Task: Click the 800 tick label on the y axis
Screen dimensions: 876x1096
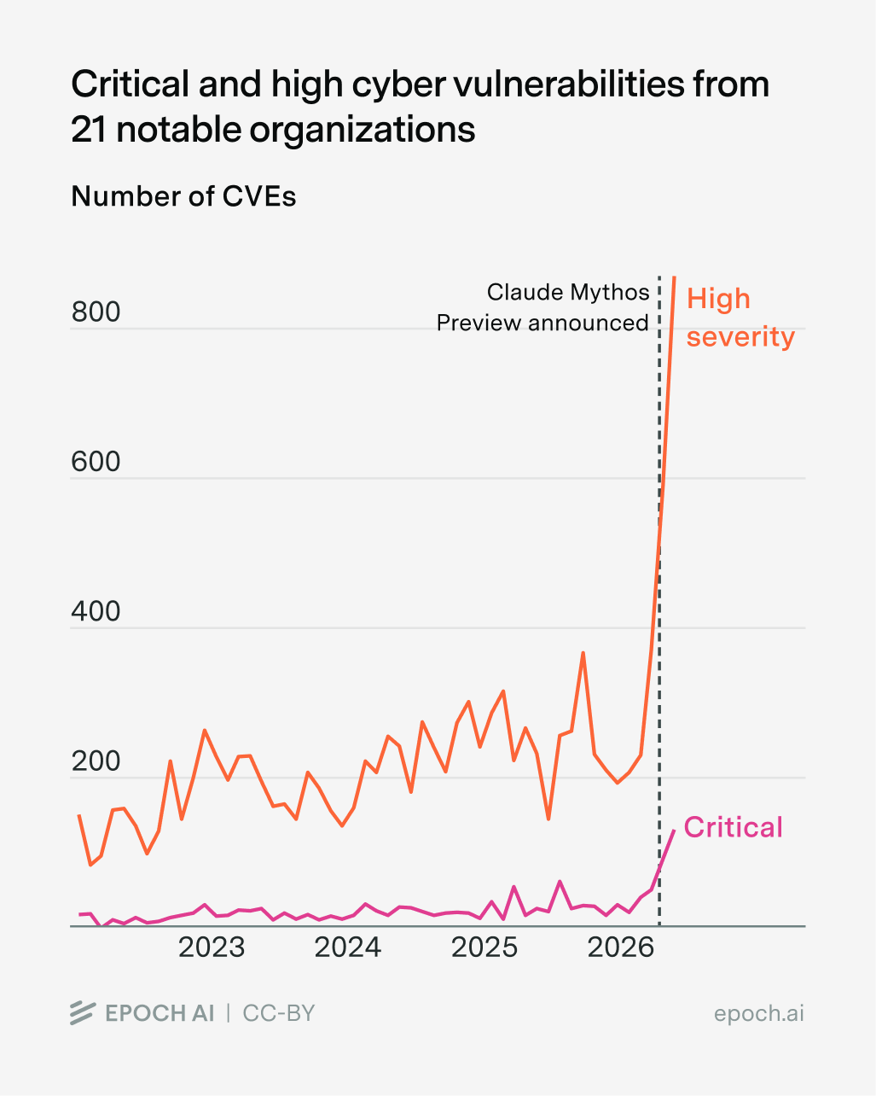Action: [96, 312]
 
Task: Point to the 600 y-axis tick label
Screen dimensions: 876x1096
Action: [96, 462]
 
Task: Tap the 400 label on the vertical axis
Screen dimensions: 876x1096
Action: [96, 611]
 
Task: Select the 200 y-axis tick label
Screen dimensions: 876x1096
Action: [96, 761]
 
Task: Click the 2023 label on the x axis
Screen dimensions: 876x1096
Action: [212, 947]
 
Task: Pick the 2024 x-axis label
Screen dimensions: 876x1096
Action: [348, 947]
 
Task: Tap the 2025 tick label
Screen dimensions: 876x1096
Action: [484, 947]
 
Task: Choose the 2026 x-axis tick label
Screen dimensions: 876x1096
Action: [620, 947]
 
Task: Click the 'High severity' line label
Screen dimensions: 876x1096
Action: [740, 318]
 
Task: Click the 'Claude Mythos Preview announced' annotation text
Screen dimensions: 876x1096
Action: [542, 307]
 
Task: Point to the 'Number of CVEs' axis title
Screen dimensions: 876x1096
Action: [183, 196]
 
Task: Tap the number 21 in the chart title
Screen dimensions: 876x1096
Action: [89, 130]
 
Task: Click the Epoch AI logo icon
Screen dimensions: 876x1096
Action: [83, 1013]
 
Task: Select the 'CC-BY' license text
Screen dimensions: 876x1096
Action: [278, 1013]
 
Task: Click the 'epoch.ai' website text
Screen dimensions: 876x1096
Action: [759, 1014]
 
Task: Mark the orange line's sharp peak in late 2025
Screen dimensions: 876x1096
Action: [583, 653]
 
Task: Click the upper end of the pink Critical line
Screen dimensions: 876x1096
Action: [675, 831]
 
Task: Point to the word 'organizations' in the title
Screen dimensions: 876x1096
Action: [362, 131]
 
